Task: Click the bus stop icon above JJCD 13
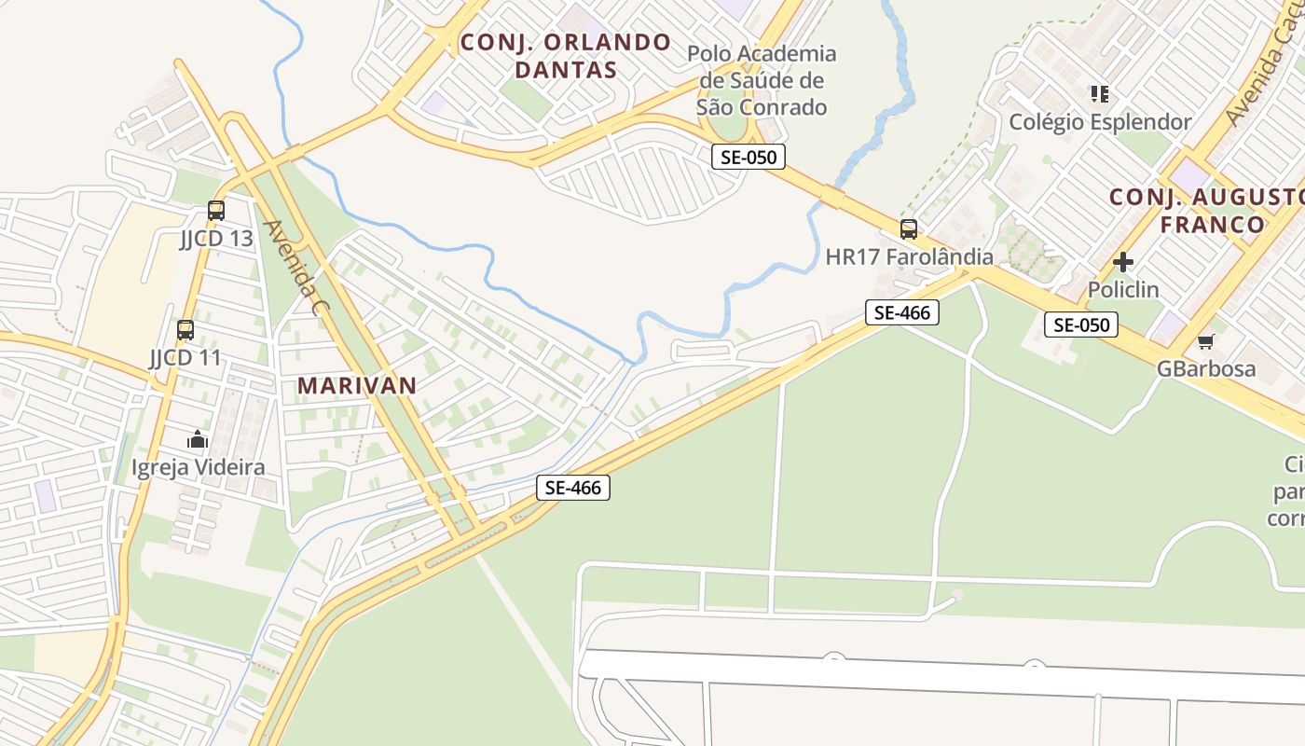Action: pos(216,211)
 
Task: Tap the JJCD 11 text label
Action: pos(185,357)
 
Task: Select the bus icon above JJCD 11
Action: pos(185,329)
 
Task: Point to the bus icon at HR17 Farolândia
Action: pos(909,228)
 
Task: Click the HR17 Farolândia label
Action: pos(909,256)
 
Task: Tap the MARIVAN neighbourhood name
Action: pos(357,385)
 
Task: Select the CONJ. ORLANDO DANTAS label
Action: pos(566,56)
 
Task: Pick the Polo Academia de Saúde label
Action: pos(762,80)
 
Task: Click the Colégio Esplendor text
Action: pos(1100,122)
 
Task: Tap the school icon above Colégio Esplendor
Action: pos(1100,94)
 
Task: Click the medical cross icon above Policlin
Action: pos(1123,262)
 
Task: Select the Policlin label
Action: pos(1123,290)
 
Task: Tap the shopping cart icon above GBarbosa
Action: pos(1206,341)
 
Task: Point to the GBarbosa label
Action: pos(1206,368)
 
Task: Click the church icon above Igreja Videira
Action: pos(198,439)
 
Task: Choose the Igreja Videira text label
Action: pos(198,467)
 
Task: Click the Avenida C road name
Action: pos(291,267)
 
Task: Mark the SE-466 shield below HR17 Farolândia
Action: pos(901,312)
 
